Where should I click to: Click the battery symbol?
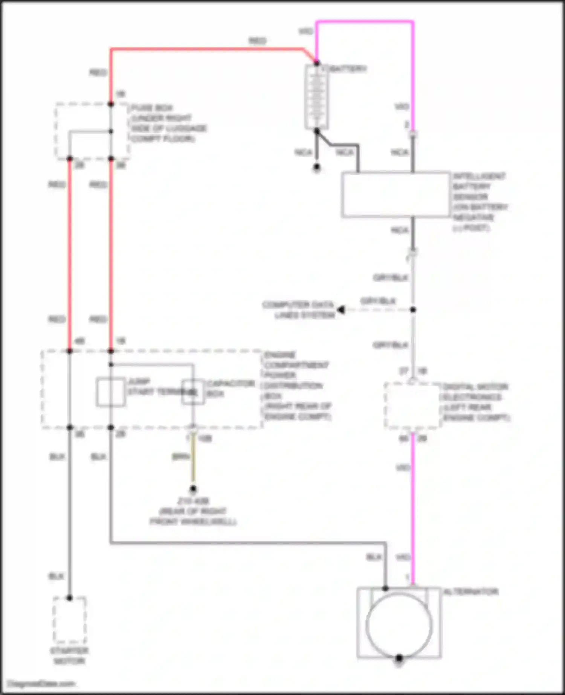pyautogui.click(x=316, y=97)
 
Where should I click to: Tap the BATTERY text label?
pyautogui.click(x=348, y=69)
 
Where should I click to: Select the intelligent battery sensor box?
pyautogui.click(x=396, y=195)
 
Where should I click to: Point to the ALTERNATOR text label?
pyautogui.click(x=471, y=592)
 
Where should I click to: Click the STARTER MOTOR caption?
pyautogui.click(x=70, y=655)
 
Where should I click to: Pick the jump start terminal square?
pyautogui.click(x=111, y=392)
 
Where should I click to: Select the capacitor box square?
pyautogui.click(x=193, y=392)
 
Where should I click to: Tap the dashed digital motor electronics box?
pyautogui.click(x=412, y=405)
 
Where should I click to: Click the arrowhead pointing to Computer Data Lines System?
pyautogui.click(x=341, y=310)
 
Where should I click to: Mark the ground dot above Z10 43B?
pyautogui.click(x=193, y=489)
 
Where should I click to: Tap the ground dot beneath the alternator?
pyautogui.click(x=399, y=658)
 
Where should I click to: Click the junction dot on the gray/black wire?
pyautogui.click(x=413, y=310)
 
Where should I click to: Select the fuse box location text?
pyautogui.click(x=168, y=123)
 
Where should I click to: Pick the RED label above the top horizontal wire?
pyautogui.click(x=257, y=41)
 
